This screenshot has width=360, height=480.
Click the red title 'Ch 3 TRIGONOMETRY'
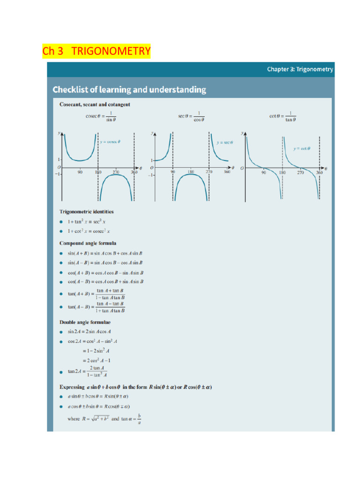(97, 51)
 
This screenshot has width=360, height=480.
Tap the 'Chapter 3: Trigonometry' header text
(300, 69)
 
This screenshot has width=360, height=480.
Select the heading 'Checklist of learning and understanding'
(129, 90)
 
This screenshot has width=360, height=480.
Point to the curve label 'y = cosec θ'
(111, 142)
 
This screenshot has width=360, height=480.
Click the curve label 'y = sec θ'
(225, 142)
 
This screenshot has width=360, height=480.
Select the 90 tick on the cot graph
(263, 172)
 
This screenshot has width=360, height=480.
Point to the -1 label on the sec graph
(151, 175)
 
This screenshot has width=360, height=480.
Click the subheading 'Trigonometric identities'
(86, 212)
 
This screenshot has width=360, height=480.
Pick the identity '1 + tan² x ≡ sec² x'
(88, 222)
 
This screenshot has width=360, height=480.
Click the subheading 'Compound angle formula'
(88, 243)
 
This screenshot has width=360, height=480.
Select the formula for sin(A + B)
(105, 253)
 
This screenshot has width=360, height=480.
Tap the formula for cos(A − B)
(105, 282)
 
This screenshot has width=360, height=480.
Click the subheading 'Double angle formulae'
(85, 322)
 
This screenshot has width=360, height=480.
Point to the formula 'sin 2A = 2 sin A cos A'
(89, 331)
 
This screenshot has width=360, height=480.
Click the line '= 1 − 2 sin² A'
(97, 351)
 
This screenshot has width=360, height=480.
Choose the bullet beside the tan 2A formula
(61, 372)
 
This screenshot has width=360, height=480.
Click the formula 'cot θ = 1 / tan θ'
(283, 116)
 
